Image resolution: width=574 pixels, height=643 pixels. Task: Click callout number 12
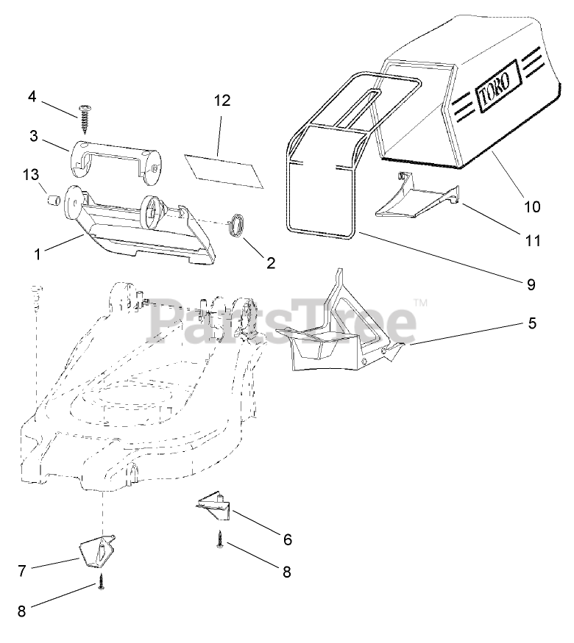tap(222, 101)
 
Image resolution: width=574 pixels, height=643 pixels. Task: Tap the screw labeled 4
tap(86, 113)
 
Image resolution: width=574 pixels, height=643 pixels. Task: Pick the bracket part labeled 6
tap(213, 505)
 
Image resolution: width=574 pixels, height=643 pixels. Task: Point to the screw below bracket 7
tap(101, 584)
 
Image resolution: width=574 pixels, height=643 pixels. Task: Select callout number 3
tap(34, 136)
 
